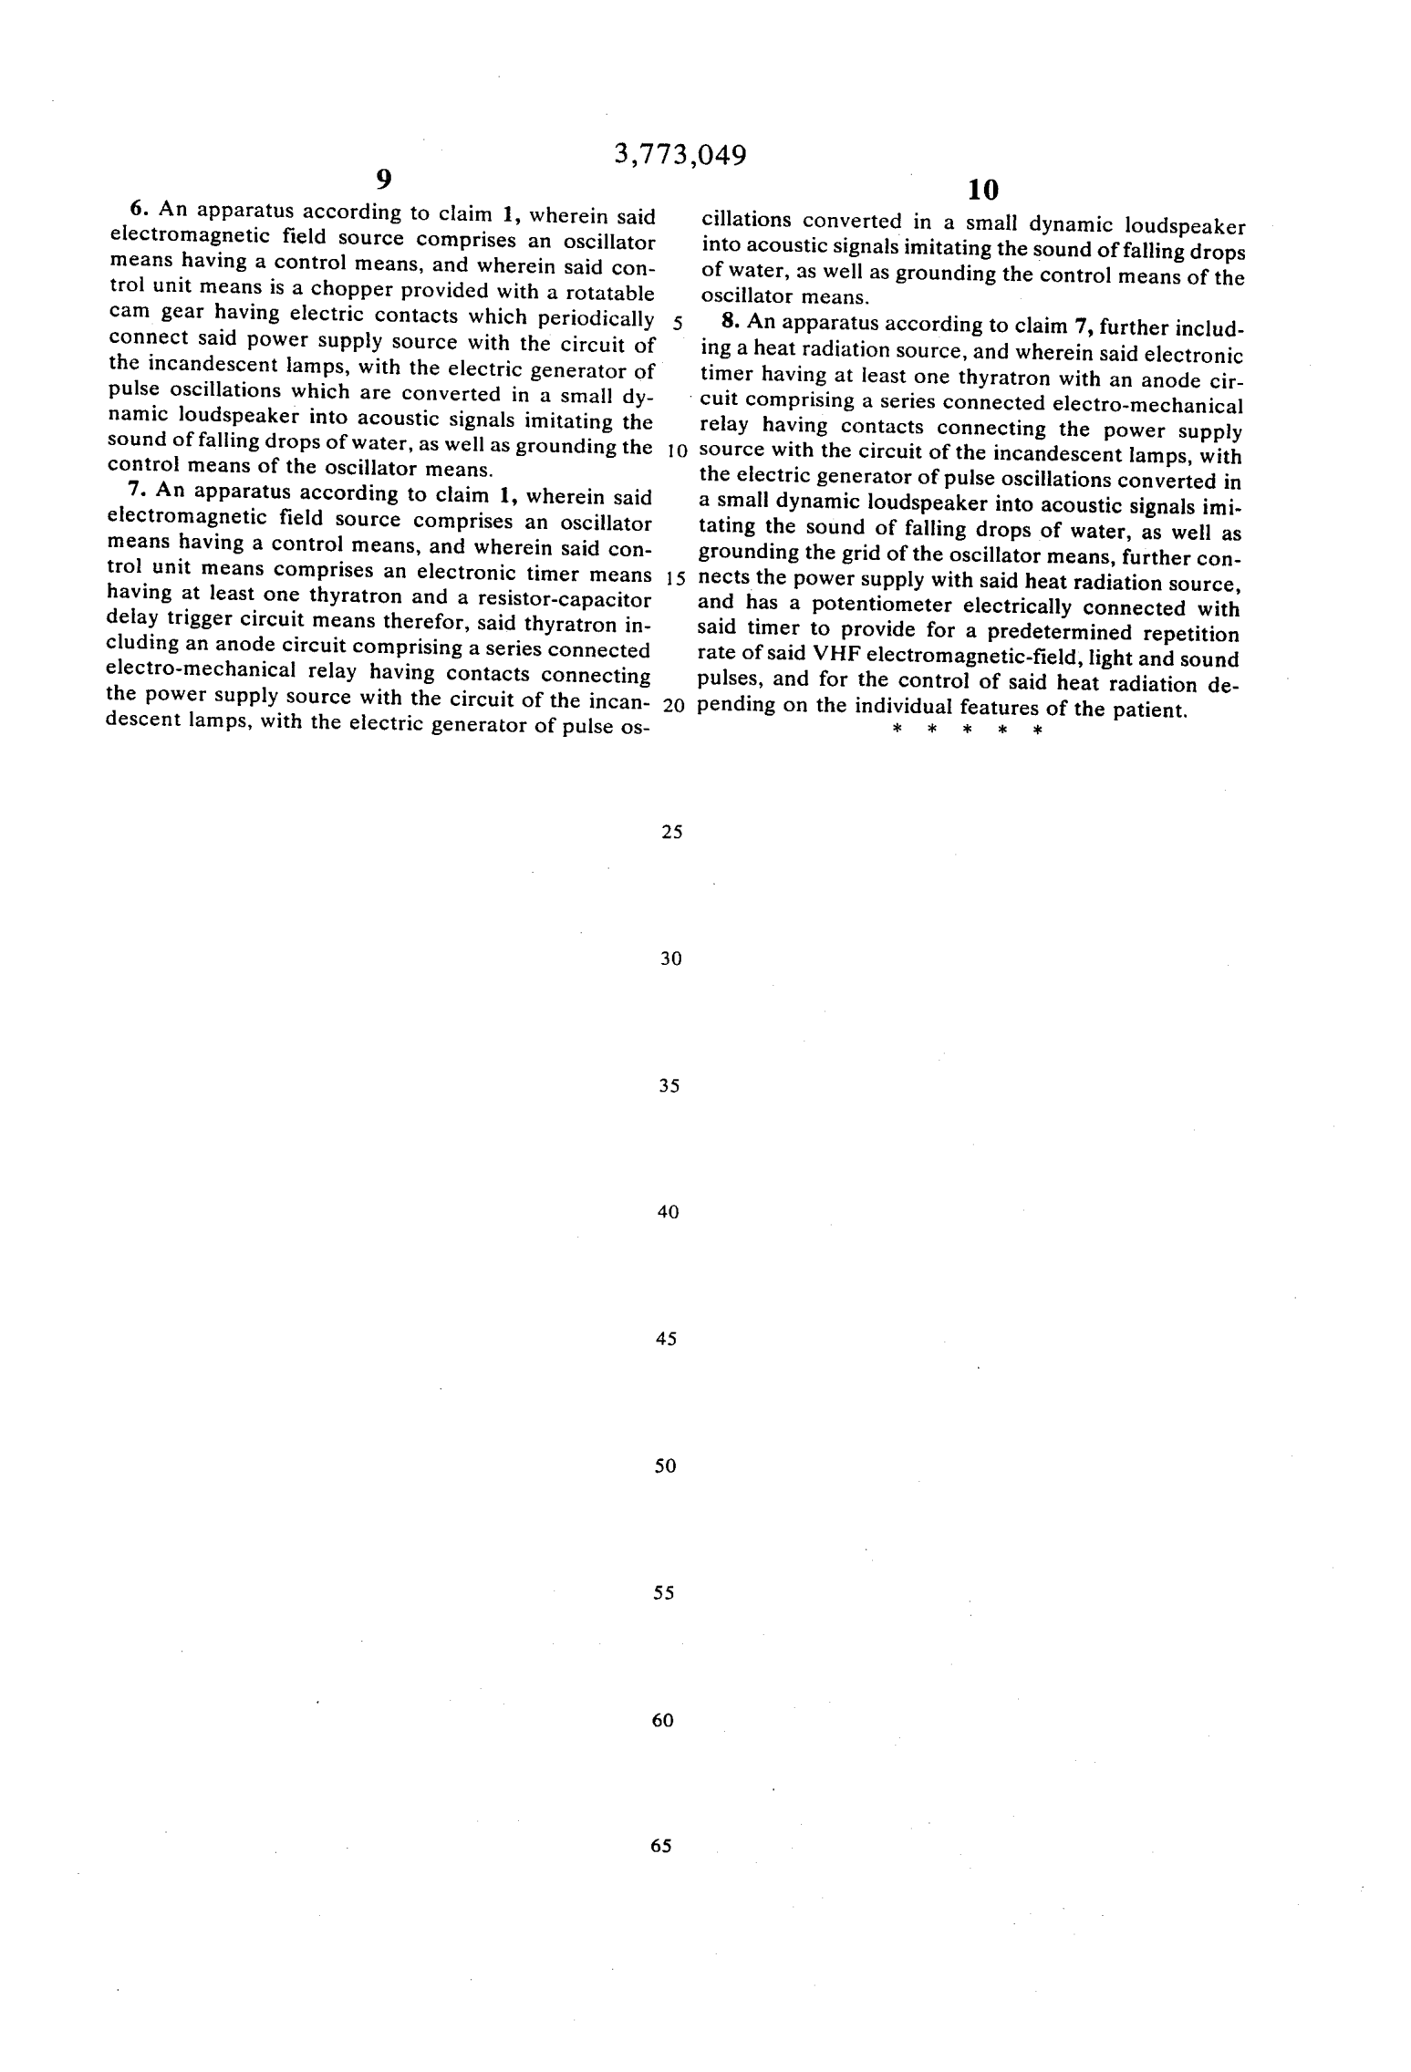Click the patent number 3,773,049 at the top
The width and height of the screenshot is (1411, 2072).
point(680,156)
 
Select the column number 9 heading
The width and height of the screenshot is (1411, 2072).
point(384,179)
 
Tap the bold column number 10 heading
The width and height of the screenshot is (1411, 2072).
point(983,190)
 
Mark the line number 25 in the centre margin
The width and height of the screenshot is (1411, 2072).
point(671,832)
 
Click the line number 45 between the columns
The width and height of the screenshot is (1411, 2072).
point(667,1339)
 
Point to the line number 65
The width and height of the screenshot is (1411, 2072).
point(661,1846)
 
